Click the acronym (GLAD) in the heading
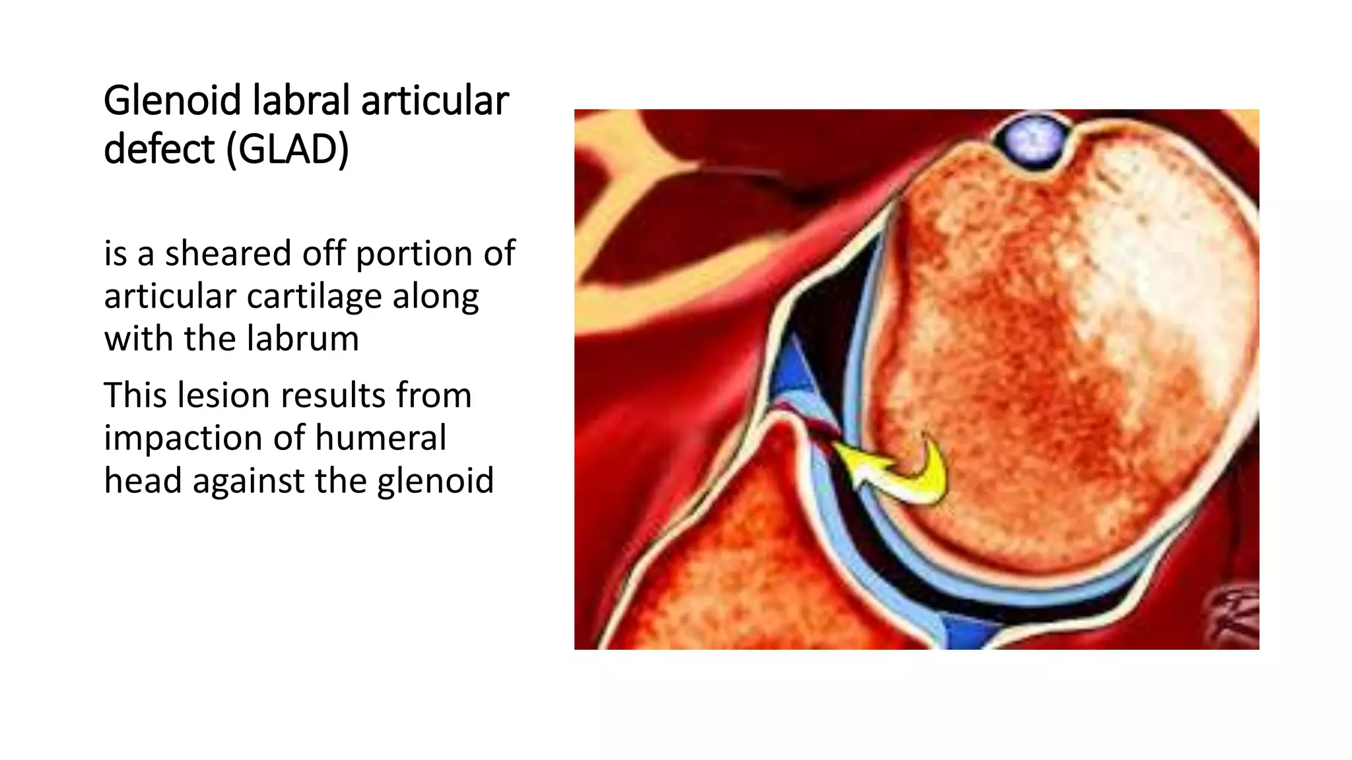[287, 149]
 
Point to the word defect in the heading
[159, 149]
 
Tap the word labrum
[304, 338]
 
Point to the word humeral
[381, 438]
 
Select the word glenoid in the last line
[435, 481]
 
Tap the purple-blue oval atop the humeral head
[1034, 141]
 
